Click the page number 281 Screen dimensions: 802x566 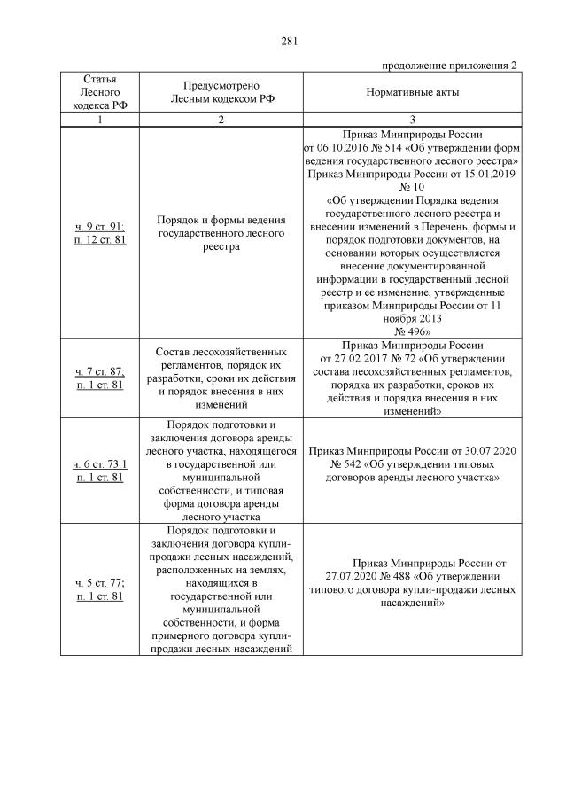tap(290, 42)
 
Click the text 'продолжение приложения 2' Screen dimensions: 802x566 tap(449, 66)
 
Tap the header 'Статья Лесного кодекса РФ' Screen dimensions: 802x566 tap(98, 92)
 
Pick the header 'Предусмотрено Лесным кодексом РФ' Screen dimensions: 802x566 tap(222, 92)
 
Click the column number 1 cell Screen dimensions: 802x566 tap(98, 120)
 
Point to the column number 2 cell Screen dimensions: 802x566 tap(222, 120)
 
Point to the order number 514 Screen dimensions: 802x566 tap(399, 148)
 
